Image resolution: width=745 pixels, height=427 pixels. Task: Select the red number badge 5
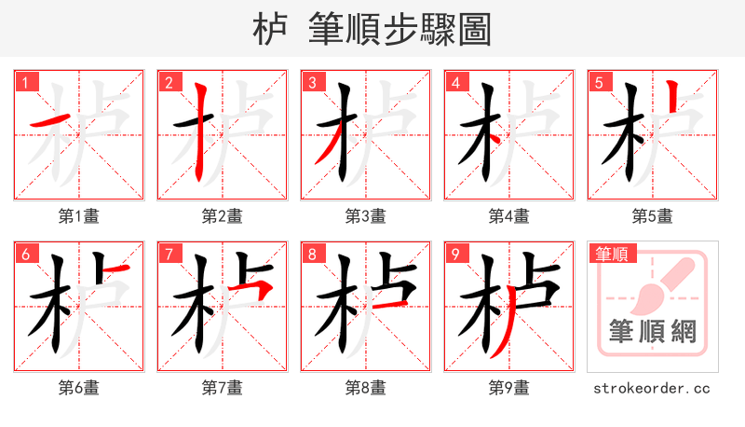click(599, 83)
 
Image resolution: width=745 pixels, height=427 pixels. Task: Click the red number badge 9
click(455, 255)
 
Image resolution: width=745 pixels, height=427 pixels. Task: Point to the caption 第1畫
click(79, 216)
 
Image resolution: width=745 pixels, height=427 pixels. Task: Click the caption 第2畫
click(223, 216)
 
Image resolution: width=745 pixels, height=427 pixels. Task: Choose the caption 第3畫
click(366, 216)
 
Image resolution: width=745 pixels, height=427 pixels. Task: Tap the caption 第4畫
click(509, 216)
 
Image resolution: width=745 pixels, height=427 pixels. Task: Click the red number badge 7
click(169, 255)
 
